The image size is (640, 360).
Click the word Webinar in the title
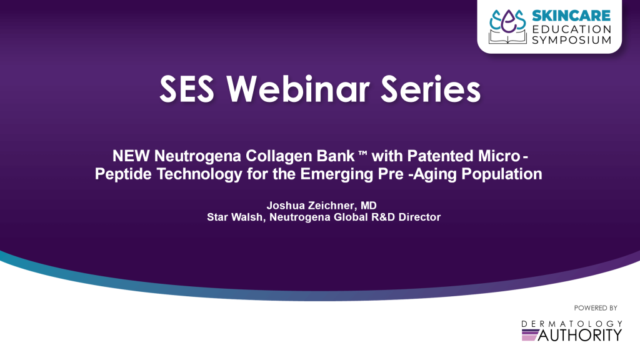pos(298,89)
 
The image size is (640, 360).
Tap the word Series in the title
pos(431,89)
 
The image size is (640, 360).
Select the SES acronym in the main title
pos(186,89)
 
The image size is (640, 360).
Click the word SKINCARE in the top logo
pos(571,16)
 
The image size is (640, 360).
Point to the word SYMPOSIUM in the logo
pos(571,40)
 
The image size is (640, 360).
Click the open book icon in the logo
pos(507,38)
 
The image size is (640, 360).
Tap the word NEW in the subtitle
pos(131,156)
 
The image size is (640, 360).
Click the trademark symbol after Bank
pos(362,152)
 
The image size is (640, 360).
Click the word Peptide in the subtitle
pos(124,174)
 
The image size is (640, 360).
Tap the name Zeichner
pos(331,205)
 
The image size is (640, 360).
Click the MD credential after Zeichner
pos(369,205)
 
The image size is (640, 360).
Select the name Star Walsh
pos(235,217)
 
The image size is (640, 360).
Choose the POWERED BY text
pos(596,308)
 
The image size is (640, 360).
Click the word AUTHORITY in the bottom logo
pos(580,335)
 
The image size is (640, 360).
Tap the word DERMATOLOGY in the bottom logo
pos(571,324)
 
